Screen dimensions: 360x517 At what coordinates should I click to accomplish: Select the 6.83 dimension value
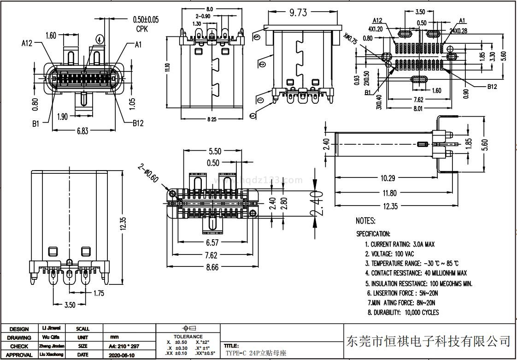click(x=82, y=131)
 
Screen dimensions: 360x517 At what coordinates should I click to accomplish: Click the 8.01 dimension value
click(x=418, y=109)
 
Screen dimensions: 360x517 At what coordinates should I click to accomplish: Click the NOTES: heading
click(x=365, y=221)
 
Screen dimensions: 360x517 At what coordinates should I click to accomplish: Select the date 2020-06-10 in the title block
click(x=122, y=355)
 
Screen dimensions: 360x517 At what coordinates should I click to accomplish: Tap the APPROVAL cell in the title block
click(x=19, y=355)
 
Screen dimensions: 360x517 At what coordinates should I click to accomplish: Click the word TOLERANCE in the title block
click(x=188, y=337)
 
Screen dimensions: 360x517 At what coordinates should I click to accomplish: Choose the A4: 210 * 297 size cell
click(x=123, y=346)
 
